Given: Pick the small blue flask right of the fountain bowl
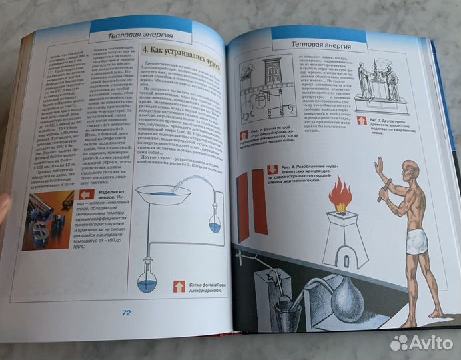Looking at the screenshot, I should pyautogui.click(x=215, y=225).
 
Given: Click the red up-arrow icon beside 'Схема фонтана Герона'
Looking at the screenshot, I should pyautogui.click(x=179, y=286).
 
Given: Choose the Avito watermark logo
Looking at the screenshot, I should pyautogui.click(x=422, y=343).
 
